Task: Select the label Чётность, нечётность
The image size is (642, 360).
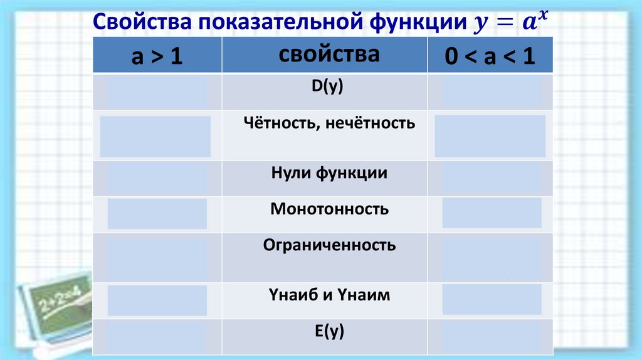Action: click(x=329, y=123)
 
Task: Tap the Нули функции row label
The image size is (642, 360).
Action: click(x=329, y=174)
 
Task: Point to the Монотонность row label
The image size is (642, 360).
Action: click(x=329, y=209)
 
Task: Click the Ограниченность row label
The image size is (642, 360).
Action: click(x=329, y=245)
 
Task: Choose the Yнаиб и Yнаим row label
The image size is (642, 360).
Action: click(x=329, y=294)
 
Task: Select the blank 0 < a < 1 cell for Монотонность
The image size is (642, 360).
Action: click(x=492, y=213)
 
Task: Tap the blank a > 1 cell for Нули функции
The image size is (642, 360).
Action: click(x=157, y=179)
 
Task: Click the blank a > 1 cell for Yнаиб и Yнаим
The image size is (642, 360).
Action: click(x=157, y=300)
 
